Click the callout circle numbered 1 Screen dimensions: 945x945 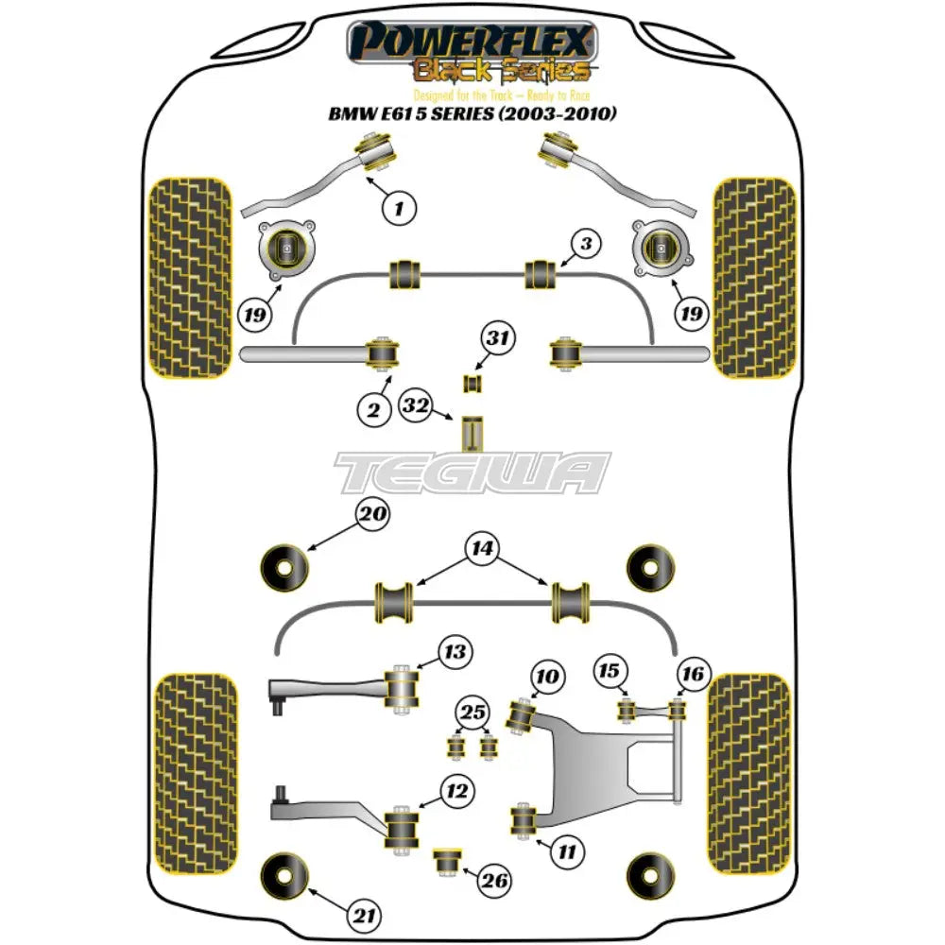click(x=401, y=205)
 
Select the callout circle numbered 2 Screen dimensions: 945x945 click(x=373, y=409)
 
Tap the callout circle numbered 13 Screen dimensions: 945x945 click(x=453, y=653)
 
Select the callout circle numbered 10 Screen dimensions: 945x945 click(x=547, y=677)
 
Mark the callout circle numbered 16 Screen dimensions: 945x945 click(x=692, y=674)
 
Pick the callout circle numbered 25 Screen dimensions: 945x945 click(x=472, y=711)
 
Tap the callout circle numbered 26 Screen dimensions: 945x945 click(x=493, y=883)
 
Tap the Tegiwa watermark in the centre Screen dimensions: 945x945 click(x=473, y=472)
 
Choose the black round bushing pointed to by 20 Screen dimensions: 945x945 click(x=284, y=566)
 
